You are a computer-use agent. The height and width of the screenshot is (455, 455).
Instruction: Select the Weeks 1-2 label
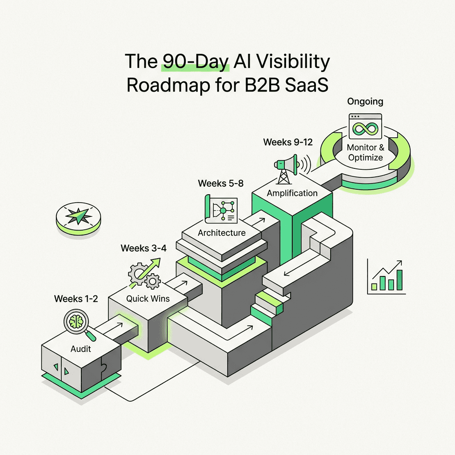point(76,299)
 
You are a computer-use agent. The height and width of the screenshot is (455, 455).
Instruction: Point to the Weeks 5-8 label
point(221,184)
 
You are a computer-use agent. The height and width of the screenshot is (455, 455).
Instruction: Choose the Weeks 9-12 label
point(288,142)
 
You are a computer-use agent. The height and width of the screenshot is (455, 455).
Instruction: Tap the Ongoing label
point(365,102)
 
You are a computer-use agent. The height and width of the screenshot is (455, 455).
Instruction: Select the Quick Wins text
point(148,299)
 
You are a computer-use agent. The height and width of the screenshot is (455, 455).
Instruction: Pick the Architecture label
point(222,233)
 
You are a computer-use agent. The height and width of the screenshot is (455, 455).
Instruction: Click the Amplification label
point(292,193)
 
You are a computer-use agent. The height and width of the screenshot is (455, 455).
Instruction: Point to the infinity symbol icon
point(365,128)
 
